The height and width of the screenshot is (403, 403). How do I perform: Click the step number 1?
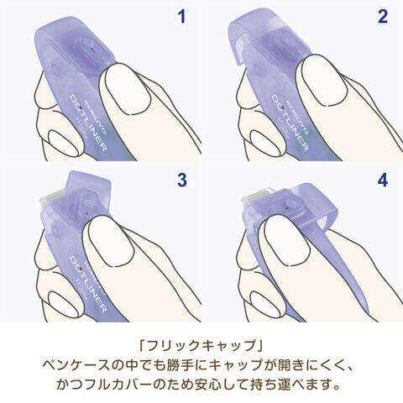[x=182, y=17]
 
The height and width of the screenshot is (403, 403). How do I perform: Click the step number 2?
[x=383, y=17]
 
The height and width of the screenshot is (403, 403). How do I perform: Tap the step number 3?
[x=182, y=180]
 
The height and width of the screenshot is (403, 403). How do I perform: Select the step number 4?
[x=383, y=180]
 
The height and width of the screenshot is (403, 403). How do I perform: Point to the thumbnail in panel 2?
[x=325, y=81]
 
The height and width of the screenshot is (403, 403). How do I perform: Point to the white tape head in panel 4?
[x=257, y=196]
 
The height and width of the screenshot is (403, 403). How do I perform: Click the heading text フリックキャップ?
[x=201, y=346]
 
